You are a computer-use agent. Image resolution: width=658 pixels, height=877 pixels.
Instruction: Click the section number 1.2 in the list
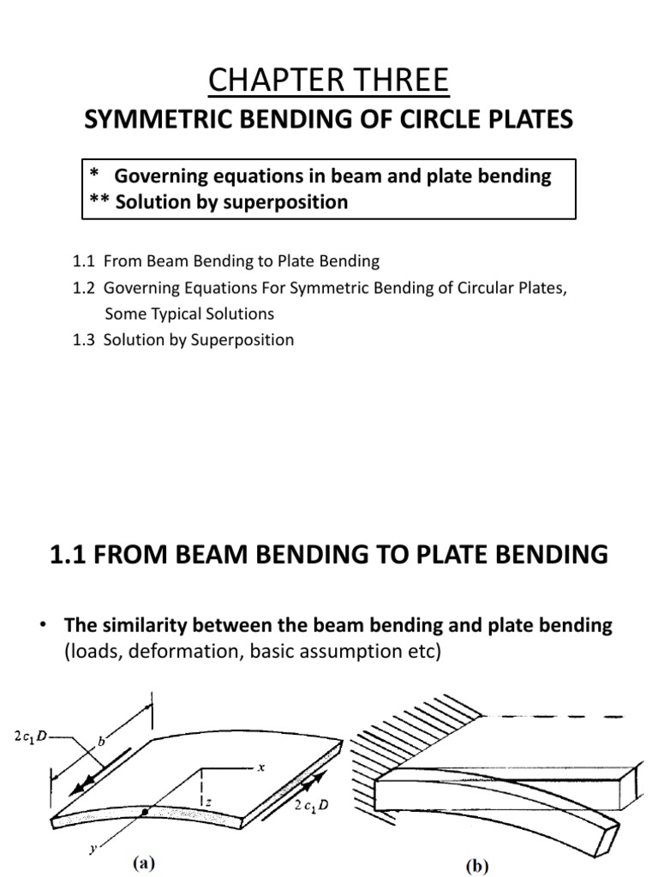click(85, 289)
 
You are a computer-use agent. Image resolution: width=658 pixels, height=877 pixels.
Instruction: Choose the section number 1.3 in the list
click(85, 340)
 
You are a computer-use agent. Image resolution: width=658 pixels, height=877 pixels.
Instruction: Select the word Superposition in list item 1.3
click(245, 340)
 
